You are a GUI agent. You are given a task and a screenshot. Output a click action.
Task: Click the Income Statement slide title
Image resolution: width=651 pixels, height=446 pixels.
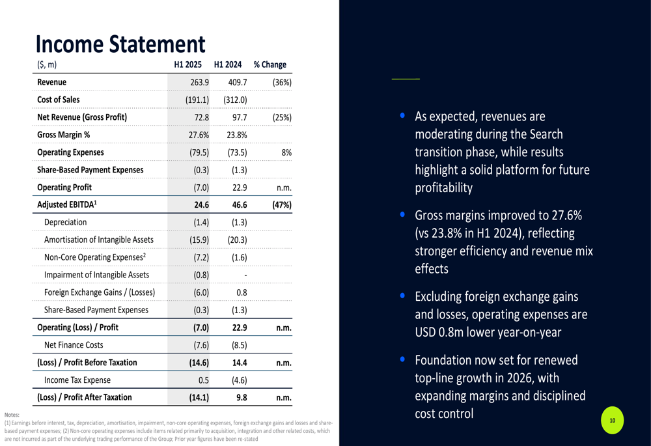tap(120, 44)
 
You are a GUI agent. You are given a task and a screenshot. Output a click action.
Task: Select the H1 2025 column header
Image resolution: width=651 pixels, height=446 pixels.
tap(188, 64)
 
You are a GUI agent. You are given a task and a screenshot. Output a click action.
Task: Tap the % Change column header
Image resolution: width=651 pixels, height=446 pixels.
tap(270, 64)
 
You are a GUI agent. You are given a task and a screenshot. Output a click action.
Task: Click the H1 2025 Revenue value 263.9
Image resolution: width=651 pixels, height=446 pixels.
tap(199, 82)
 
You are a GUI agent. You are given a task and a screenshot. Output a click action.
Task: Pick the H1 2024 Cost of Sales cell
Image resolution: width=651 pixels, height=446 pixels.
tap(235, 100)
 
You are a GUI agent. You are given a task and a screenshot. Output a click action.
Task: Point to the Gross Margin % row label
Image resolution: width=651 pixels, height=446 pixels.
tap(64, 135)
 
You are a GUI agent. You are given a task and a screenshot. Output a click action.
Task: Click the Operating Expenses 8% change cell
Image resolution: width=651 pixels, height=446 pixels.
tap(286, 152)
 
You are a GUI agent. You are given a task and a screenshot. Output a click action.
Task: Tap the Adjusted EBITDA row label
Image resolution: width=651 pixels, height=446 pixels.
tap(67, 204)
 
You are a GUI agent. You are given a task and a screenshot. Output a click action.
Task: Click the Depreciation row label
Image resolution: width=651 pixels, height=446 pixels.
tap(65, 222)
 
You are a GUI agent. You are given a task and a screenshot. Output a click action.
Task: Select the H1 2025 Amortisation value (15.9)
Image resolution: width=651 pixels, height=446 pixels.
tap(199, 240)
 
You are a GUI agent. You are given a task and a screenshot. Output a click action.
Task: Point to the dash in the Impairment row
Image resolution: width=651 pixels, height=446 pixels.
tap(238, 275)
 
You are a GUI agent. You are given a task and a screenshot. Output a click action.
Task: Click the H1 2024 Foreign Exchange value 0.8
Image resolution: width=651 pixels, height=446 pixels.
tap(241, 292)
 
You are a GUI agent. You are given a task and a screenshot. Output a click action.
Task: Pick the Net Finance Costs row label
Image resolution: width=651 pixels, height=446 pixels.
tap(74, 345)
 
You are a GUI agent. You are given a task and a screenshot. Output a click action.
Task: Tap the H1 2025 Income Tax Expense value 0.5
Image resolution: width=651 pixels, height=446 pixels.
tap(202, 380)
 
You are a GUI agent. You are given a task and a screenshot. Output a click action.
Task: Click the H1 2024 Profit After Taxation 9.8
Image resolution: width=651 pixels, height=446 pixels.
tap(241, 397)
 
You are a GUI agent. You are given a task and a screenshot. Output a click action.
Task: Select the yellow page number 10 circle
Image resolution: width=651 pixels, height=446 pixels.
tap(612, 421)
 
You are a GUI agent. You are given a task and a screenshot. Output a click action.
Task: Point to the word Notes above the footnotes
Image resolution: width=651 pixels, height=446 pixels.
tap(12, 414)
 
